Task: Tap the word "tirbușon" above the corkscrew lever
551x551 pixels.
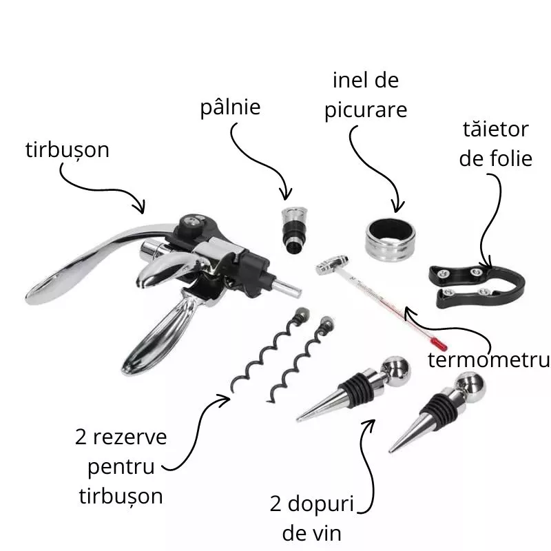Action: pos(67,150)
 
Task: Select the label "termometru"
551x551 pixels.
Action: pos(488,360)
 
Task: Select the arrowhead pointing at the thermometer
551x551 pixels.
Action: pos(408,313)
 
